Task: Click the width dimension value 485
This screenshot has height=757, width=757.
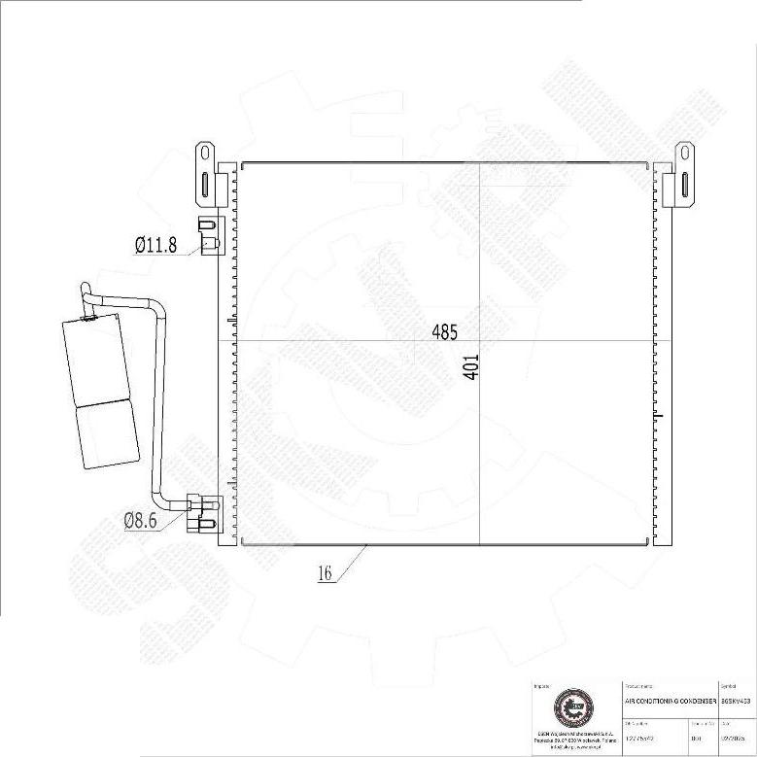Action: (444, 331)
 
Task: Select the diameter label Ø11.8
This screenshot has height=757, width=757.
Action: (155, 245)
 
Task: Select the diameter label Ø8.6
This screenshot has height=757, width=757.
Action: (144, 521)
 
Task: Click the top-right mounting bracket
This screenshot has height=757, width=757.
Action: (684, 175)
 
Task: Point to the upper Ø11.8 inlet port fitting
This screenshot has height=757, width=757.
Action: (207, 233)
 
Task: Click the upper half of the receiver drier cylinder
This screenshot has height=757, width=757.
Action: (95, 358)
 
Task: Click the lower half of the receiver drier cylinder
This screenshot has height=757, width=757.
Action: (107, 432)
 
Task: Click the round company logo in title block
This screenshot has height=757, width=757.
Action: (571, 708)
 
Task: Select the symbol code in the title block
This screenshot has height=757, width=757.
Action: (736, 701)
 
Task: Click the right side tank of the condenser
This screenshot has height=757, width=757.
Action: (665, 355)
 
